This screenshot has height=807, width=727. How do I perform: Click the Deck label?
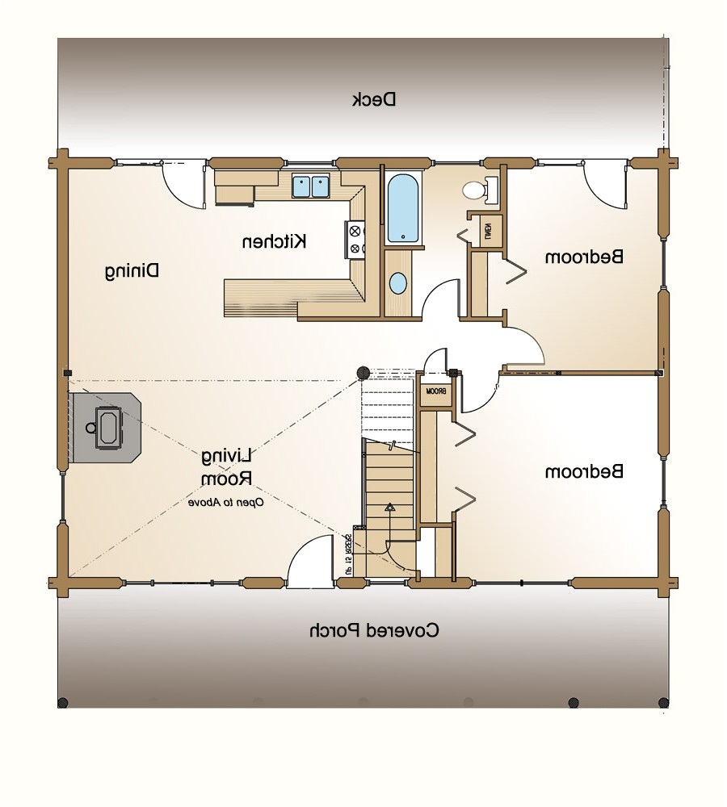[x=374, y=99]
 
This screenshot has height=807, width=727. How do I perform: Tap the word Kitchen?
[x=275, y=240]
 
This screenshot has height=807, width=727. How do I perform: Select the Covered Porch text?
[x=374, y=630]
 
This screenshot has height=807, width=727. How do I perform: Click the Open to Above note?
[x=227, y=503]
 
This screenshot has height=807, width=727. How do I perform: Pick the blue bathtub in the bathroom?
[x=403, y=209]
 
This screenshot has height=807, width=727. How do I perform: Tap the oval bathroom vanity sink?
[x=399, y=283]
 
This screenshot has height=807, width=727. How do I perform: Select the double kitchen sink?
[x=311, y=186]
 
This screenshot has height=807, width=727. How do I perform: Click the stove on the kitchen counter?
[x=356, y=240]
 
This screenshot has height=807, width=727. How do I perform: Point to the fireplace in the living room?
[x=105, y=428]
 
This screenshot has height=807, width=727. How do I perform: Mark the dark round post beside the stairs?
[x=363, y=372]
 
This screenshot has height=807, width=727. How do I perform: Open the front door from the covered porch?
[x=310, y=565]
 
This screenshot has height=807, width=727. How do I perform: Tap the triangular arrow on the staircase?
[x=389, y=508]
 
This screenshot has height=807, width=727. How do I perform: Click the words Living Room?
[x=228, y=467]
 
